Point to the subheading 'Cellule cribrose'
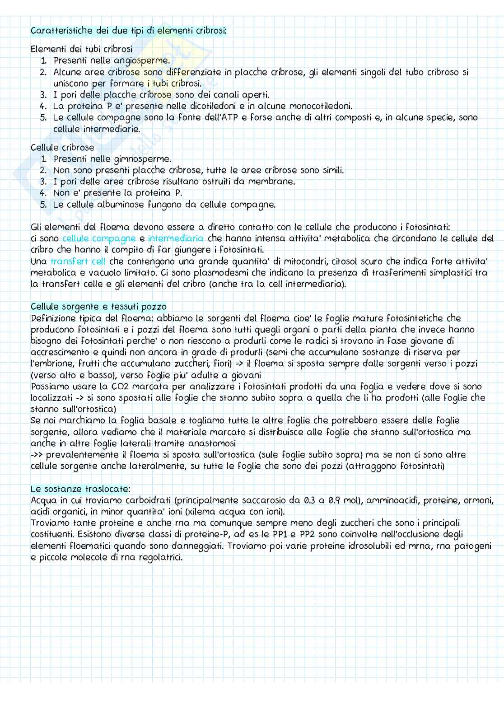point(62,148)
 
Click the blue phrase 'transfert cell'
point(78,261)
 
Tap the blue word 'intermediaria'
point(176,238)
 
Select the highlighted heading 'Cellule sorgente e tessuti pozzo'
point(98,307)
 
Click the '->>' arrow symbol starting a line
point(37,455)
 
